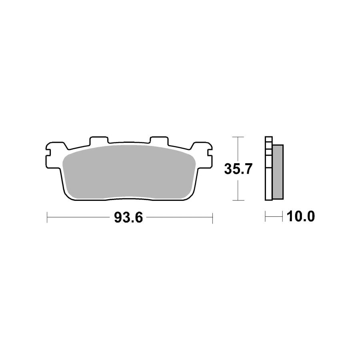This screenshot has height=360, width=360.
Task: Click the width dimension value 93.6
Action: (x=128, y=218)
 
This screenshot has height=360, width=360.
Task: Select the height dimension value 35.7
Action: (x=238, y=169)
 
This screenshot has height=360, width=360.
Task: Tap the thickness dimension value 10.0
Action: (x=300, y=216)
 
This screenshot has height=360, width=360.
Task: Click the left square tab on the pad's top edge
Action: (x=99, y=140)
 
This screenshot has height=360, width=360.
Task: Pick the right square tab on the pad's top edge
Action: (x=159, y=140)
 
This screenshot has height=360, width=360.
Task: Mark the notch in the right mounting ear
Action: (x=210, y=153)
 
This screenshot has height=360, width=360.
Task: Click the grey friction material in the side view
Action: (x=278, y=172)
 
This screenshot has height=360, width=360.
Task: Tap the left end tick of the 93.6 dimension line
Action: (x=47, y=218)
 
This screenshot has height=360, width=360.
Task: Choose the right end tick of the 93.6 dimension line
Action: (x=213, y=218)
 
